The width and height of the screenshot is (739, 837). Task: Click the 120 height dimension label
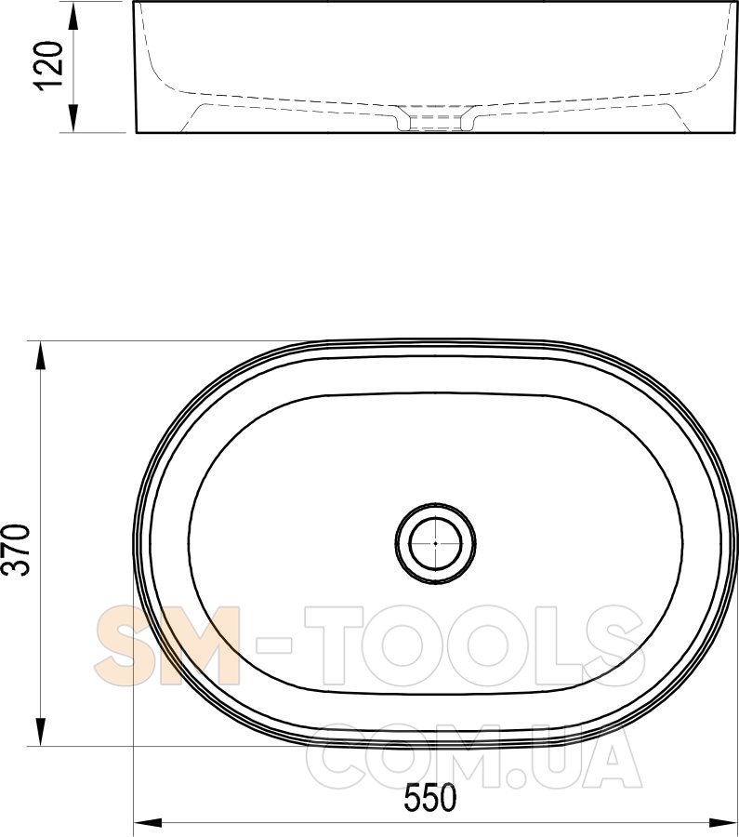pos(48,65)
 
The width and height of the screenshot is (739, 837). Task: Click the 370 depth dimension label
pos(16,550)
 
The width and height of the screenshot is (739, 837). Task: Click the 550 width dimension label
pos(430,798)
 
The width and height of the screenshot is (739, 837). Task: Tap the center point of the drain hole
pos(435,543)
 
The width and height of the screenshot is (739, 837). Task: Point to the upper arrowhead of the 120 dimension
pos(73,15)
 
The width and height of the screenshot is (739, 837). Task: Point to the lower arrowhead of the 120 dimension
pos(73,118)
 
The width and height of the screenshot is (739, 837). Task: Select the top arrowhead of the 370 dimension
pos(41,355)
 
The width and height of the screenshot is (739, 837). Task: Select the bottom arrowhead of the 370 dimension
pos(41,732)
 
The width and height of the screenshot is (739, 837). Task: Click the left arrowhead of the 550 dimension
pos(147,823)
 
